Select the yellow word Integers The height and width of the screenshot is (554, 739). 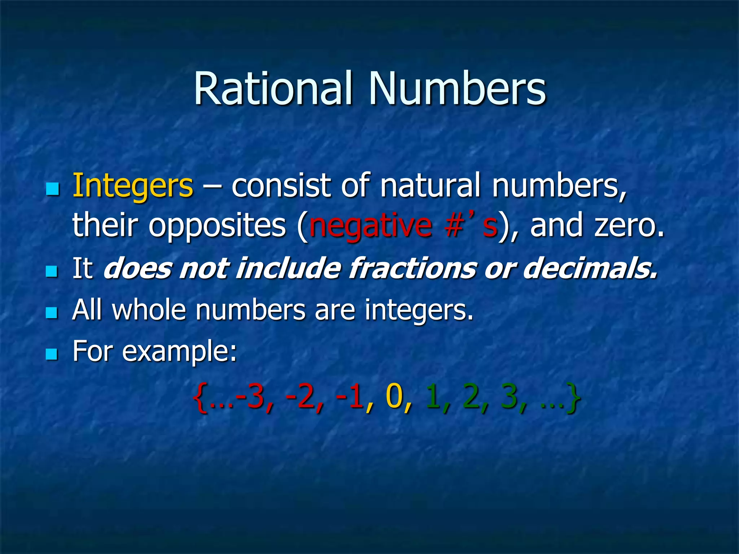pyautogui.click(x=133, y=186)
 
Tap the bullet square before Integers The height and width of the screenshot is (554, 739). pyautogui.click(x=52, y=189)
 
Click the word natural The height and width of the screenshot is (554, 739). pyautogui.click(x=431, y=185)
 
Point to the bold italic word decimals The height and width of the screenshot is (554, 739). pyautogui.click(x=590, y=268)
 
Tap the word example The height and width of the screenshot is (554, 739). pyautogui.click(x=179, y=352)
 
